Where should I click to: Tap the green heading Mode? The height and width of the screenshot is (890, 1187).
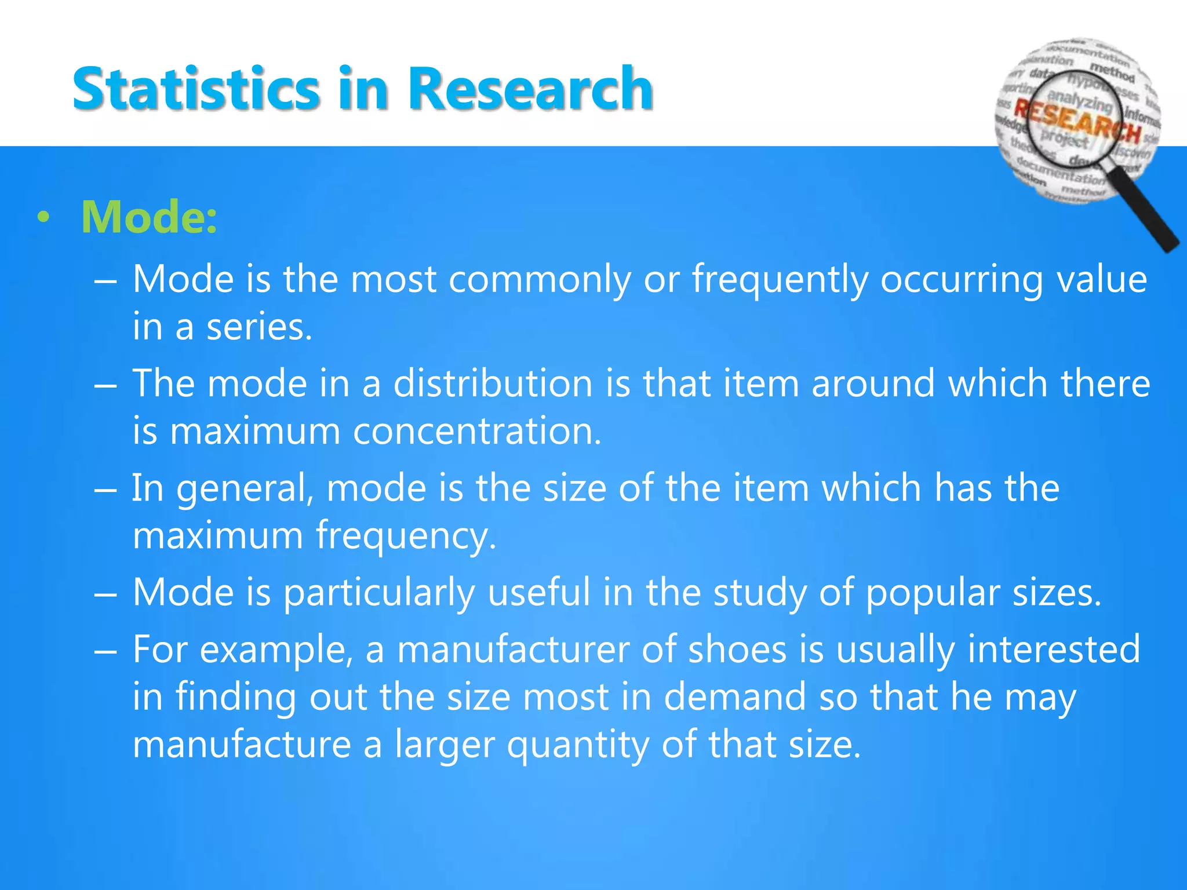149,217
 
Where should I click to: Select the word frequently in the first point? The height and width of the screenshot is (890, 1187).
780,280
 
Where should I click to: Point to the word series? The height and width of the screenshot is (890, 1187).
259,327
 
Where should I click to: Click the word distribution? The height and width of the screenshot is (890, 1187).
493,384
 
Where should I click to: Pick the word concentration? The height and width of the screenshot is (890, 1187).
477,431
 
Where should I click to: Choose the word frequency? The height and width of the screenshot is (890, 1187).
406,535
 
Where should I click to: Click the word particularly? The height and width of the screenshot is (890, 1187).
379,593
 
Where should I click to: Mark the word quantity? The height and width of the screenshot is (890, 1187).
577,745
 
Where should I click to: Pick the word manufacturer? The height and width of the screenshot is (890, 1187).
512,650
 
